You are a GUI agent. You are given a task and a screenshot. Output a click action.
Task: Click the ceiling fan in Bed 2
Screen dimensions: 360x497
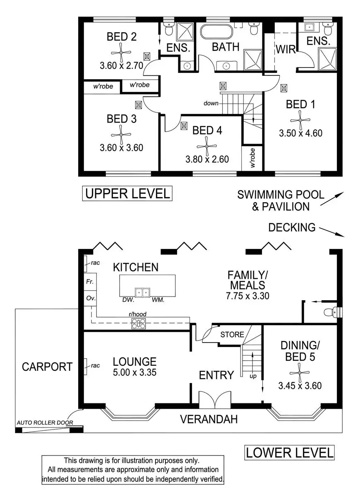pyautogui.click(x=121, y=53)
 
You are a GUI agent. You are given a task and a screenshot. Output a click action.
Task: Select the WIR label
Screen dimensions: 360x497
pyautogui.click(x=286, y=49)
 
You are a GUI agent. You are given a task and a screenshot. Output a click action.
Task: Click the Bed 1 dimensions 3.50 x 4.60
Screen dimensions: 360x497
pyautogui.click(x=300, y=133)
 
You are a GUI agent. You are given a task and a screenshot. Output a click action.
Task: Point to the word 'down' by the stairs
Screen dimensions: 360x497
pyautogui.click(x=211, y=103)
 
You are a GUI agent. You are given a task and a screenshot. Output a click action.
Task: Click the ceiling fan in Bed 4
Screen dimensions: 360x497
pyautogui.click(x=206, y=146)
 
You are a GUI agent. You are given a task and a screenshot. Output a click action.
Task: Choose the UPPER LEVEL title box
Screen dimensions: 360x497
pyautogui.click(x=127, y=193)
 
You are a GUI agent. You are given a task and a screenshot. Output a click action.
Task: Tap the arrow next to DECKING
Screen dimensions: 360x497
pyautogui.click(x=332, y=232)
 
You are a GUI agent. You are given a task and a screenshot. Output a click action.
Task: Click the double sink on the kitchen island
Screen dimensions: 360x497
pyautogui.click(x=142, y=293)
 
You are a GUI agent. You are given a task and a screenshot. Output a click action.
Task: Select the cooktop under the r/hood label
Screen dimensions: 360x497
pyautogui.click(x=139, y=323)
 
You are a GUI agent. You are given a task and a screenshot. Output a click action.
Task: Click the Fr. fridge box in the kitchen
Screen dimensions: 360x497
pyautogui.click(x=90, y=282)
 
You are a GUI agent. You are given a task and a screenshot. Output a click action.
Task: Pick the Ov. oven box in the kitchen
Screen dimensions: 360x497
pyautogui.click(x=90, y=298)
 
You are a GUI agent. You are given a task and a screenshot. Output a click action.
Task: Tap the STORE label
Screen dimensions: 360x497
pyautogui.click(x=232, y=334)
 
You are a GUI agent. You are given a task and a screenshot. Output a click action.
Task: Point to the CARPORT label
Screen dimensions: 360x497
pyautogui.click(x=47, y=367)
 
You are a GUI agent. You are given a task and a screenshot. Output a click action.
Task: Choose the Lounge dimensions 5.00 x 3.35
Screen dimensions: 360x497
pyautogui.click(x=134, y=372)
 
